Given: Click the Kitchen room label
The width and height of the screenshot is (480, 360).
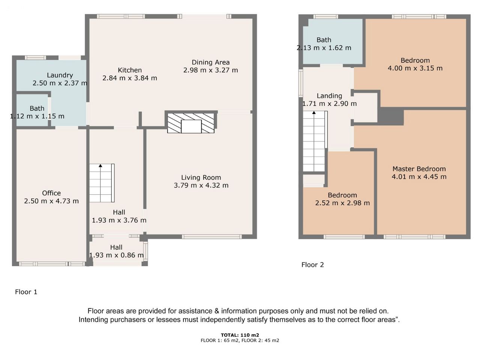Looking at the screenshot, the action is click(130, 70).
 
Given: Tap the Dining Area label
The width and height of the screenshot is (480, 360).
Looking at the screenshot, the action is click(211, 62).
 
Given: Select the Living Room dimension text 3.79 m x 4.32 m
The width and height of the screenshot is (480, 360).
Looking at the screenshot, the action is click(201, 185).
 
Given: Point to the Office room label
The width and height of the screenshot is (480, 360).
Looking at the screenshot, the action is click(51, 193).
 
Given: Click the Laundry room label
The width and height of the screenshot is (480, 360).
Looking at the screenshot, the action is click(60, 75).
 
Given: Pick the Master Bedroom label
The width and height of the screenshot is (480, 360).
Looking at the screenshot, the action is click(419, 169).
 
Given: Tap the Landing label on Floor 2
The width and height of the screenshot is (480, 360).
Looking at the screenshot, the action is click(329, 96).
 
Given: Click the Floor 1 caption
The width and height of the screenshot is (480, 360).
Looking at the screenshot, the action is click(26, 292).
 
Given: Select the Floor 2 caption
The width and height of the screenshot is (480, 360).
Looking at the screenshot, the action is click(312, 265).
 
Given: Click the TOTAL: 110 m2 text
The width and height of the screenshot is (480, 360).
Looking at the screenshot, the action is click(240, 335).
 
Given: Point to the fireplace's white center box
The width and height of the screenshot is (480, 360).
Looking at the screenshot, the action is click(191, 126).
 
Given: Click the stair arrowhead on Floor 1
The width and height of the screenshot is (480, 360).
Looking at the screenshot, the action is click(100, 165).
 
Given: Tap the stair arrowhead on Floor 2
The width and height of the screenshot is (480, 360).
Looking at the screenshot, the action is click(314, 112).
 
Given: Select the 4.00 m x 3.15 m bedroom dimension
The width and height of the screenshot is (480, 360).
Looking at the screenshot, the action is click(415, 68).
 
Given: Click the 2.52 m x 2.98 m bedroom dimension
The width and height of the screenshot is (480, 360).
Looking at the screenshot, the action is click(342, 203).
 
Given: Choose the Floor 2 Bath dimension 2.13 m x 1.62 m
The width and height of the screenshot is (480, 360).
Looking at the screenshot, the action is click(324, 48).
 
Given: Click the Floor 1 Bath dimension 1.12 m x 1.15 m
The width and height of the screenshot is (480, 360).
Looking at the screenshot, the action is click(37, 116).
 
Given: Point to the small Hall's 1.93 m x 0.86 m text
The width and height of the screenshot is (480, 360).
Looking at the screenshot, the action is click(116, 255).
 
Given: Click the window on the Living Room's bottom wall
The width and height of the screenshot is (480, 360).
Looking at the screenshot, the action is click(211, 237).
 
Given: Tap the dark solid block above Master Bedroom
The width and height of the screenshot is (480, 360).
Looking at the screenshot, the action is click(391, 116).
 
